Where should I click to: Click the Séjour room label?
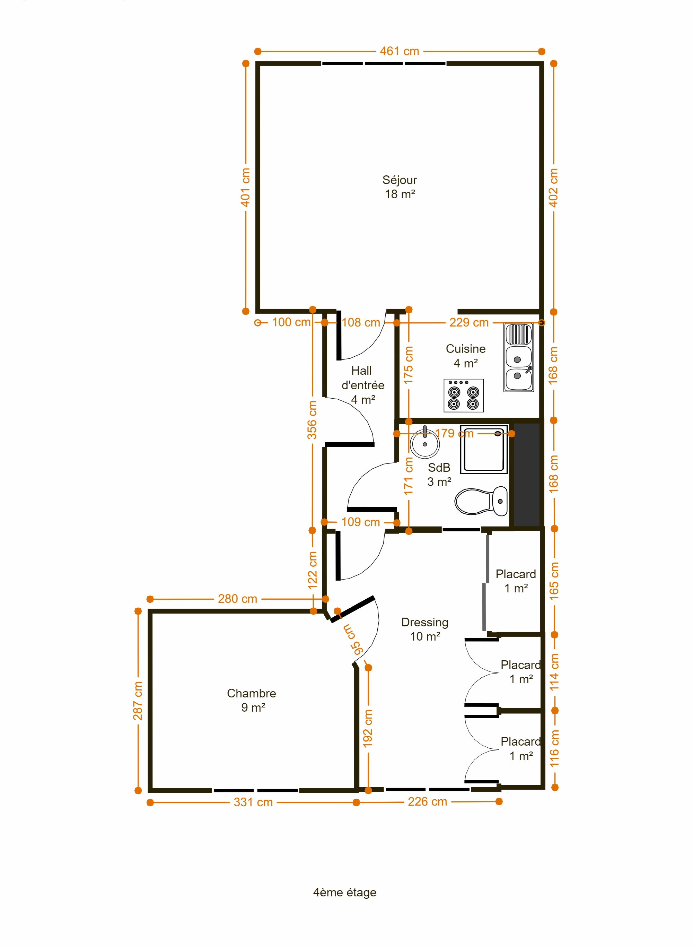[400, 187]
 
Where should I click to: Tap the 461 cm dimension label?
[400, 51]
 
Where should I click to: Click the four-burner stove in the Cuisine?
[464, 395]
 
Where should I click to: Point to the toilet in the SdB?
[481, 501]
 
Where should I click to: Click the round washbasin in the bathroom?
[424, 443]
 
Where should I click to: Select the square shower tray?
[484, 449]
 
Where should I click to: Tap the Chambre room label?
[252, 700]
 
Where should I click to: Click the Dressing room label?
[425, 629]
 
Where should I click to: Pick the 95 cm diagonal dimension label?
[352, 640]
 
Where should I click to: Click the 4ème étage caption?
[345, 892]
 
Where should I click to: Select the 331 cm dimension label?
[253, 802]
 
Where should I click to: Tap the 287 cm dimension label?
[138, 701]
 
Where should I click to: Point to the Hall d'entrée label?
[362, 385]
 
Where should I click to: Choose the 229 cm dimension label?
[469, 322]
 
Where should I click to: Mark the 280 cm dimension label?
[237, 599]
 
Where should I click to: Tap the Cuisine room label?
[466, 356]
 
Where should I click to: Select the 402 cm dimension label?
[554, 188]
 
